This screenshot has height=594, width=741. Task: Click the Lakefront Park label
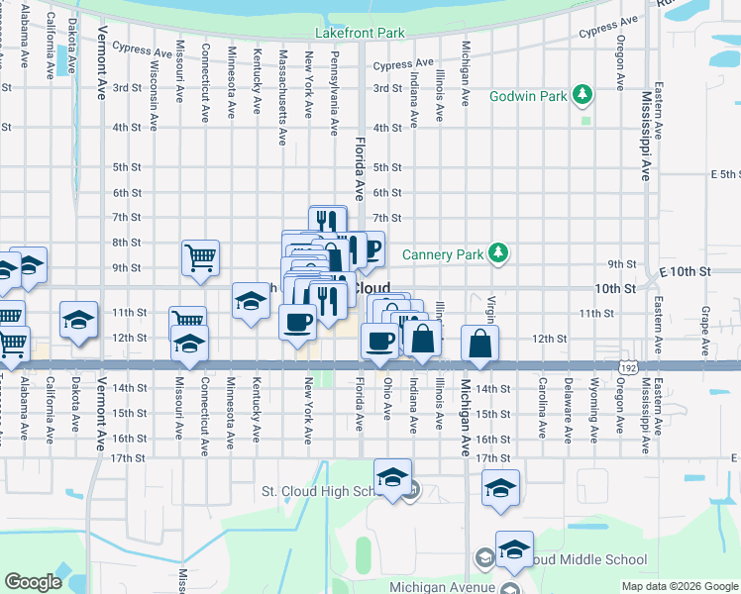(360, 33)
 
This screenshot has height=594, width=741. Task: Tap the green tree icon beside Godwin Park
(584, 96)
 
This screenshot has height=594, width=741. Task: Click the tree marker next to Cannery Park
(499, 254)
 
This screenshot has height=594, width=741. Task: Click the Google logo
(33, 581)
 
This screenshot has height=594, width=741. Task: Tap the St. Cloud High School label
(322, 491)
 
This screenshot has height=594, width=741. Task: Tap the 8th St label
(126, 243)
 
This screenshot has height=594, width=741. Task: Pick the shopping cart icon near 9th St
(200, 257)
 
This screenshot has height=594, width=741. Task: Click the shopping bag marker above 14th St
(480, 344)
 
